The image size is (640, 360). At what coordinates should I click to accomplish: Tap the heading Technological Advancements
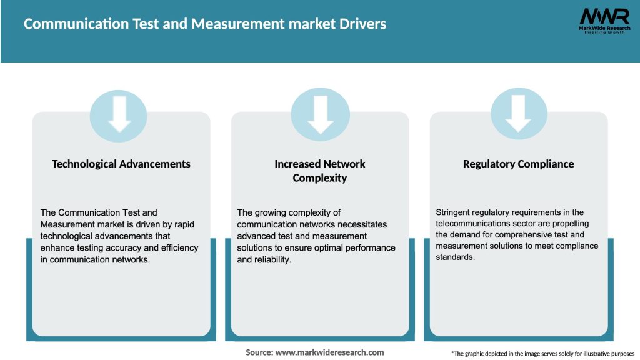121,164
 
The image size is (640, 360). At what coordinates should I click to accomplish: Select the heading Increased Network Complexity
320,171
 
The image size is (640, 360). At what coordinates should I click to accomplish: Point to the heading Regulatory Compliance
518,164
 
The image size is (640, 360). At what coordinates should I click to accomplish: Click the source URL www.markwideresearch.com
330,352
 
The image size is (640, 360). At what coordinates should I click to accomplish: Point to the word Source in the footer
259,352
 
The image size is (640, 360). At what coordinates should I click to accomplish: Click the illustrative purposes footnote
542,354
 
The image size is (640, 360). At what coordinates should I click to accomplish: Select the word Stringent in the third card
455,212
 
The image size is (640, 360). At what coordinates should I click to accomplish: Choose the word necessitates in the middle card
363,224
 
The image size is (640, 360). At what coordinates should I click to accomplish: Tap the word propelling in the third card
569,224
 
